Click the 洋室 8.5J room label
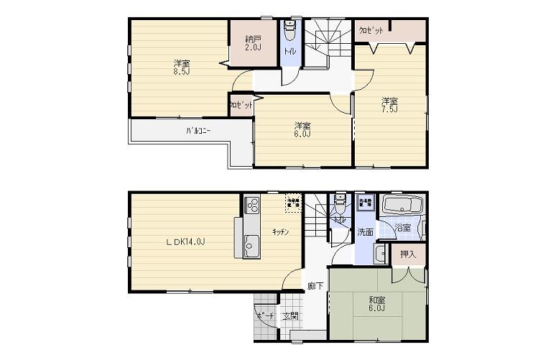(177, 67)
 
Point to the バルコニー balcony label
(198, 131)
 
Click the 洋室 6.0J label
(302, 129)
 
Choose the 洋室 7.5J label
(389, 104)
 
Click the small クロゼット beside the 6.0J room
(241, 105)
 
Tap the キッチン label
(280, 232)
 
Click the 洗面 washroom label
(365, 231)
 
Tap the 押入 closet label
(407, 254)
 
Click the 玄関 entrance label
(290, 315)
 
